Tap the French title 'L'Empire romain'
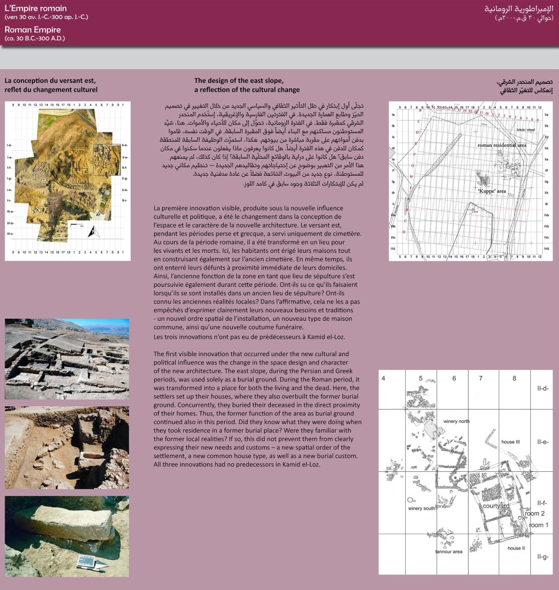(x=35, y=8)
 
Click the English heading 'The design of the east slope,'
(x=239, y=81)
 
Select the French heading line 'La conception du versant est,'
(x=50, y=81)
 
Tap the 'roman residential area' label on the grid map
(x=502, y=146)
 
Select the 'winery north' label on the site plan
(x=458, y=421)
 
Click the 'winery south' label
(x=422, y=509)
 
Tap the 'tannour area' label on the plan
(x=449, y=551)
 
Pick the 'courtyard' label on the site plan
(x=496, y=505)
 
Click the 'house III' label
(x=511, y=441)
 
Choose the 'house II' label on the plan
(x=516, y=548)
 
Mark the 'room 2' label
(x=535, y=513)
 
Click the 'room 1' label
(x=539, y=525)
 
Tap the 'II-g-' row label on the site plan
(x=542, y=556)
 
